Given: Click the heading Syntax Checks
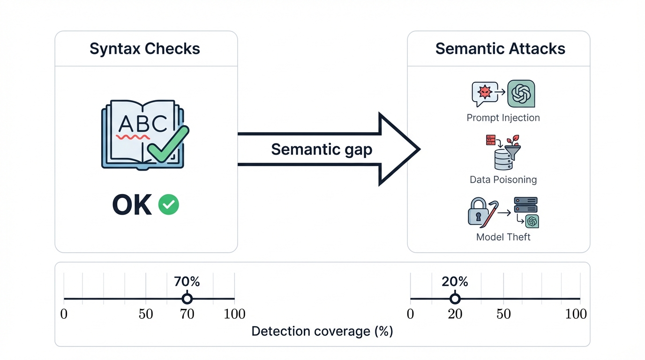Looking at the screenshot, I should [145, 49].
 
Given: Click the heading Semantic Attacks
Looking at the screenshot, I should [500, 49].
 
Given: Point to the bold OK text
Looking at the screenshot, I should [132, 205].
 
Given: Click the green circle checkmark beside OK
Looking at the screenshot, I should [169, 205].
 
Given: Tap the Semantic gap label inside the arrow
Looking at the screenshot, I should [322, 149].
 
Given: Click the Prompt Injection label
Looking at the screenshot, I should [503, 118].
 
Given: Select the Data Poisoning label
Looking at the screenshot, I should [503, 180].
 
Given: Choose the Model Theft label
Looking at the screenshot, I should [503, 237].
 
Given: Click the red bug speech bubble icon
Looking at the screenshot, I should [483, 93].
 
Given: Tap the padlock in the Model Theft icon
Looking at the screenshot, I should [478, 212].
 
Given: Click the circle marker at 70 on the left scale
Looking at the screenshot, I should [187, 299].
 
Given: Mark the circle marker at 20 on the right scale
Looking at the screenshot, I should [455, 299].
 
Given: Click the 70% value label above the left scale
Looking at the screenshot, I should [187, 282].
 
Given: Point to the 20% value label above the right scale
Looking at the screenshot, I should [455, 282].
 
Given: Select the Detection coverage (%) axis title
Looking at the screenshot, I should [322, 331].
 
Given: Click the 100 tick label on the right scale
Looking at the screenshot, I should [576, 314].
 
